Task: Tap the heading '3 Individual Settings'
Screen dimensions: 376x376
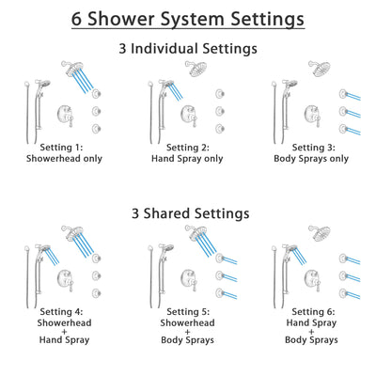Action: (188, 48)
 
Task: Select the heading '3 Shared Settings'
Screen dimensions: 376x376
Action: (188, 213)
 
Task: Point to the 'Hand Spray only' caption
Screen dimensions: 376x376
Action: (188, 159)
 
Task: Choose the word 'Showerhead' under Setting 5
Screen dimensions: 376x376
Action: (188, 324)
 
